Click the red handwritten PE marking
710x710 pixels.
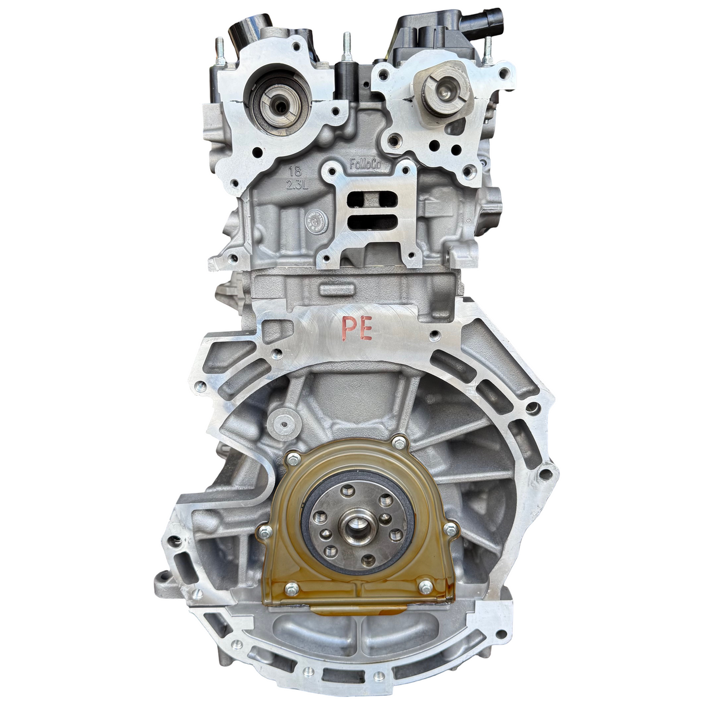tap(359, 328)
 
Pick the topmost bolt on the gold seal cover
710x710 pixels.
tap(395, 441)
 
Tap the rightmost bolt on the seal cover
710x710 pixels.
tap(451, 530)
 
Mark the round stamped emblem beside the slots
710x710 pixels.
tap(314, 222)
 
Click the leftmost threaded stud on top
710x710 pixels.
tap(220, 51)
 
